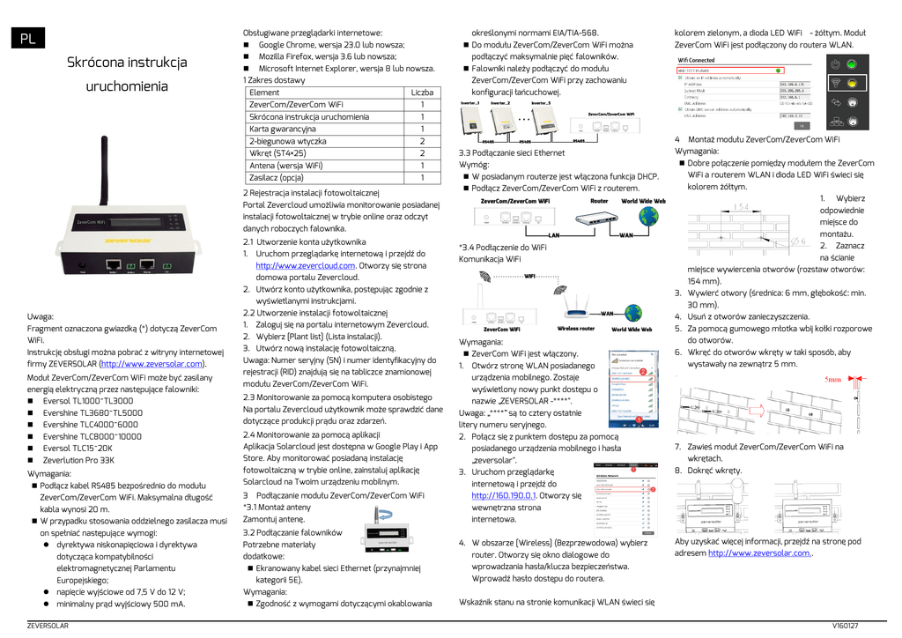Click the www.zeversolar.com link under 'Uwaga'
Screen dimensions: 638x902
coord(152,363)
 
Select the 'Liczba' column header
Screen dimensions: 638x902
coord(422,93)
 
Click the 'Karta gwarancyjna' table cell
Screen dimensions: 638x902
coord(283,129)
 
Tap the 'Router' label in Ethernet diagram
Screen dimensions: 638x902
coord(599,201)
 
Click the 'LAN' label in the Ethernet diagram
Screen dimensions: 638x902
coord(554,235)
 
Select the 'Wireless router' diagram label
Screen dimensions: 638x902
coord(576,330)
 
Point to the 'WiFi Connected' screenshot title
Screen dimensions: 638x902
coord(696,60)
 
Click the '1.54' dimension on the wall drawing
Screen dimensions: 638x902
coord(741,207)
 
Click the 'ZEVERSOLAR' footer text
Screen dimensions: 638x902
coord(48,626)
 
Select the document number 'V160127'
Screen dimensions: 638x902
coord(845,626)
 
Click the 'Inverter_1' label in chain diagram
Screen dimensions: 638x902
coord(471,103)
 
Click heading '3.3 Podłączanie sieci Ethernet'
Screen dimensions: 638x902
coord(512,152)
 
